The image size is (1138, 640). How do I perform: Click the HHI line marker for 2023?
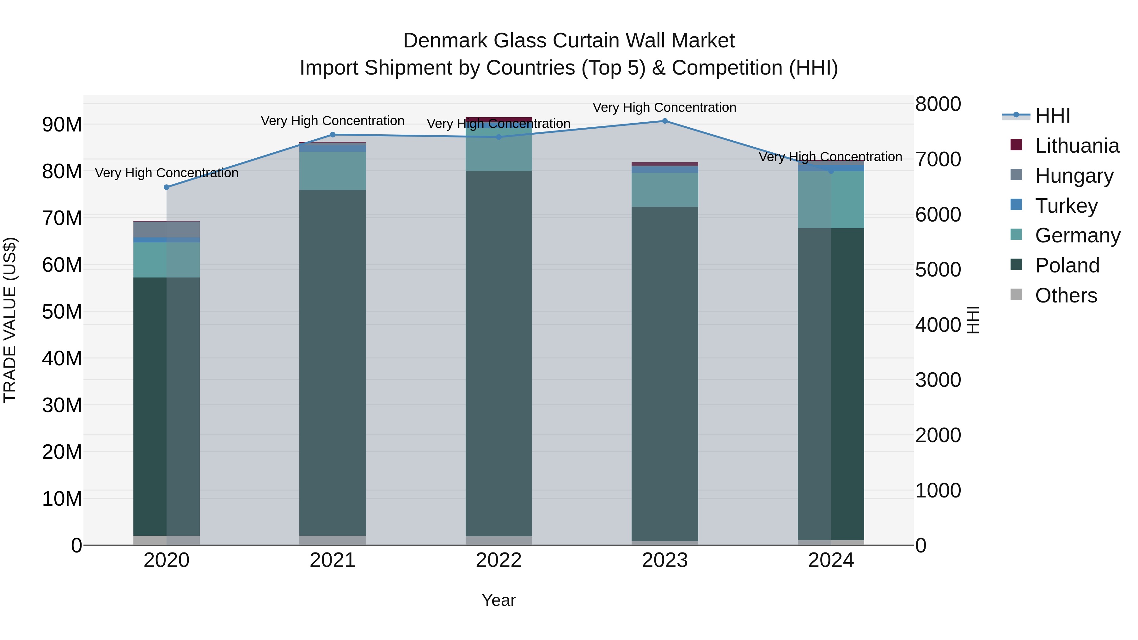(664, 121)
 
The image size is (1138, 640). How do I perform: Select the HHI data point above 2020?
(167, 187)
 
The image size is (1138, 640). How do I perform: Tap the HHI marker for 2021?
(333, 135)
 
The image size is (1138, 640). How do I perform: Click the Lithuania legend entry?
(1077, 146)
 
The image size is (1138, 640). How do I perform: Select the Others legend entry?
(1066, 296)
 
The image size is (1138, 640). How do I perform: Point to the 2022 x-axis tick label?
(499, 560)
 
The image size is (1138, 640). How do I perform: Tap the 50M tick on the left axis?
(62, 312)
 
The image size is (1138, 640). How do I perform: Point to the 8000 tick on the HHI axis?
(938, 104)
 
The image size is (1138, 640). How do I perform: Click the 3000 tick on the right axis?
(938, 380)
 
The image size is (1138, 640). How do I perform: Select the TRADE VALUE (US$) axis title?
(10, 320)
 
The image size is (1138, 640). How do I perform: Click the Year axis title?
(499, 600)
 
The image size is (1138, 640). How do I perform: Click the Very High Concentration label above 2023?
(664, 108)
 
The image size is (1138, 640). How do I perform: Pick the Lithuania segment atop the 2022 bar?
(499, 119)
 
